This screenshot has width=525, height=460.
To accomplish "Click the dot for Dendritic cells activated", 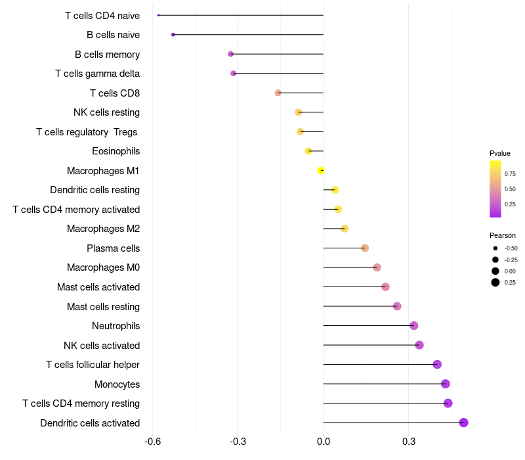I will coord(463,423).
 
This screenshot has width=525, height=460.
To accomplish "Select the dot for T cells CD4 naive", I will coord(159,15).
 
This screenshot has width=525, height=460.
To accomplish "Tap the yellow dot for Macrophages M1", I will coord(321,171).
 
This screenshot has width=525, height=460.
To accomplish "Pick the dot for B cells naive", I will coord(173,34).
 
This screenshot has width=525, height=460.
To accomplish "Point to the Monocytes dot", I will coord(446,384).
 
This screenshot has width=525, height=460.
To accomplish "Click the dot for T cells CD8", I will coord(278,93).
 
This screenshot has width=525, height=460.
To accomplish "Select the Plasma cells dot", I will coord(365,248).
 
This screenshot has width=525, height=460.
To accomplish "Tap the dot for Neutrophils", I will coord(413,325).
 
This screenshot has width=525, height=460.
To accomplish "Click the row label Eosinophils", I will coord(115,151).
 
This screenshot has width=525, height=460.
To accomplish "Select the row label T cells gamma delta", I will coord(97,74).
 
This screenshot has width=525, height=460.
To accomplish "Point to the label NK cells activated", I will coord(102,345).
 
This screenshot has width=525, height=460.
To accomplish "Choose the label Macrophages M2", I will coord(103,229).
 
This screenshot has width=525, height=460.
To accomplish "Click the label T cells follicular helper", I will coord(93,365).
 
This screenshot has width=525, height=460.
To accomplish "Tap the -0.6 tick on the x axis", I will coord(152,442).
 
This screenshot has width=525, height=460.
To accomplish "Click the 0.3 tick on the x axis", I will coord(409,442).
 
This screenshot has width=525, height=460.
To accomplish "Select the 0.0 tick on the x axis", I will coord(324,442).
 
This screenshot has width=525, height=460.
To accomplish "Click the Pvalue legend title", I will coord(500,153).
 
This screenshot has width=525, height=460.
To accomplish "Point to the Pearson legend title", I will coord(502,235).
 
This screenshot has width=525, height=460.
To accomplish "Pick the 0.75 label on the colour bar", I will coord(510,173).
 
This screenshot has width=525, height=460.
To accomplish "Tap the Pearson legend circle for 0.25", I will coord(495,283).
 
